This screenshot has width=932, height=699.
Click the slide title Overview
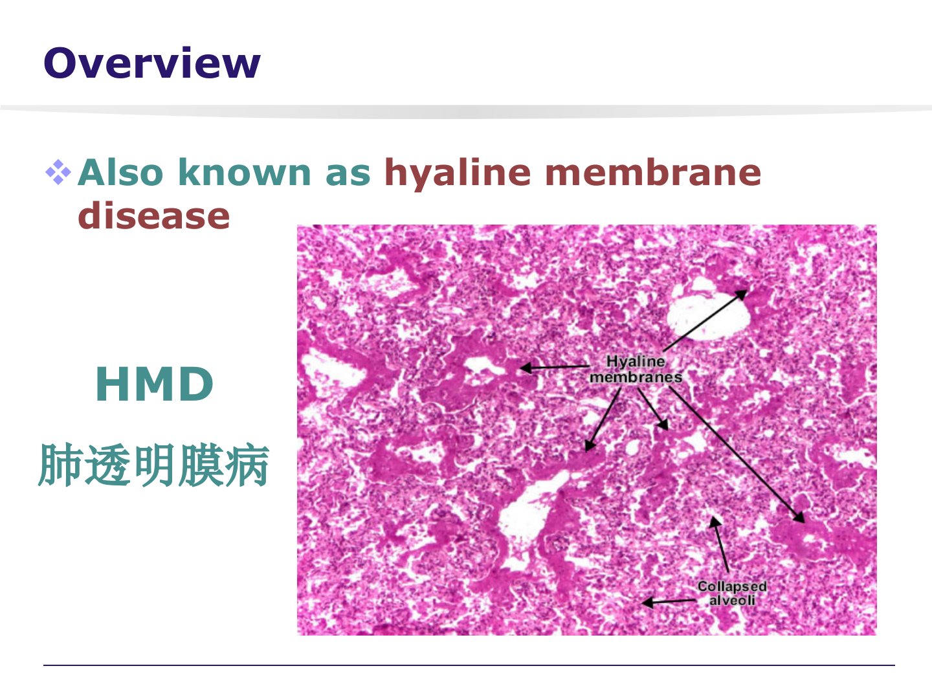151,63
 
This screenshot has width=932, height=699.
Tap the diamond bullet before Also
58,172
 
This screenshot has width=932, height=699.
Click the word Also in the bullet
120,172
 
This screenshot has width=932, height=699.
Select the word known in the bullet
245,172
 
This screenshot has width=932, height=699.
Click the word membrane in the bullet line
653,172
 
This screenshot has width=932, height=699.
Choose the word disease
153,216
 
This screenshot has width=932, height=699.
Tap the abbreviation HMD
154,384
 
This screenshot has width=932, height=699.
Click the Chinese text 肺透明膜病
153,465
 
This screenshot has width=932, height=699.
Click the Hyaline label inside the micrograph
635,362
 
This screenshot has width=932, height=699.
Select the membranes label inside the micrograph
636,377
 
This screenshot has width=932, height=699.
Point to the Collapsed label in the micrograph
732,586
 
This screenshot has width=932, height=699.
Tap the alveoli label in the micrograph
732,601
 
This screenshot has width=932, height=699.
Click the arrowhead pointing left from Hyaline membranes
526,368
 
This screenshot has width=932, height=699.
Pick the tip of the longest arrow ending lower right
804,522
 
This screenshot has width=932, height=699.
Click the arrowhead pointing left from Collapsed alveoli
647,602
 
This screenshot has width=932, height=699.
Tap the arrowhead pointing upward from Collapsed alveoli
715,522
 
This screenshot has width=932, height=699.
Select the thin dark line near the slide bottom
469,665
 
